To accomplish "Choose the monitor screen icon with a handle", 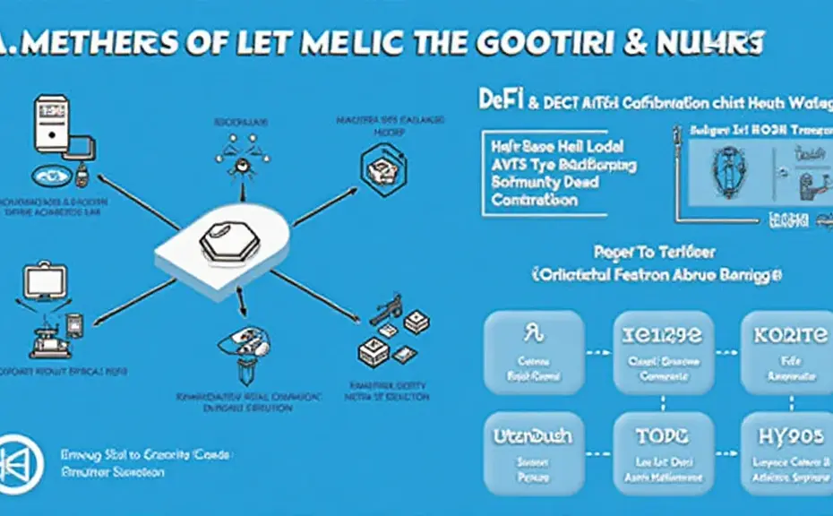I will [x=43, y=285].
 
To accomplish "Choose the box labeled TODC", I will [x=662, y=451].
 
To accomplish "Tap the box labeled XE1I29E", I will [x=662, y=353].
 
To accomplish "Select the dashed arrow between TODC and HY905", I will [x=726, y=447].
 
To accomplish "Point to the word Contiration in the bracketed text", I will [x=535, y=200].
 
